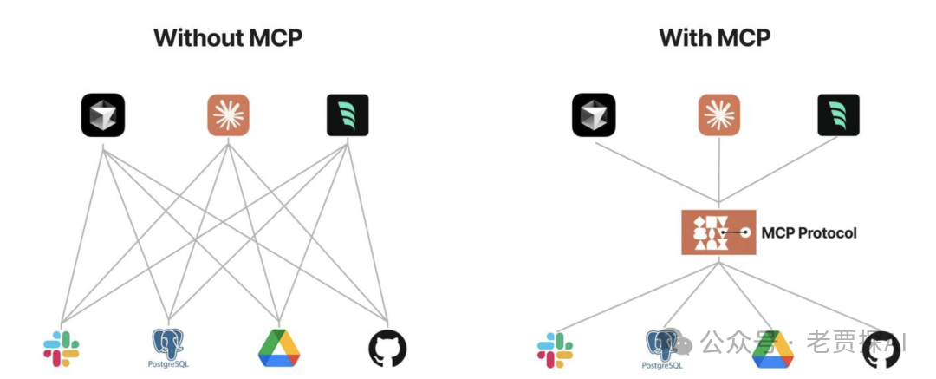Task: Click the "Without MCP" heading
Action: [228, 38]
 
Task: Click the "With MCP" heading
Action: [714, 38]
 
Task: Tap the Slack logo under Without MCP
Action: [62, 349]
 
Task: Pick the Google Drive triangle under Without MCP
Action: [278, 348]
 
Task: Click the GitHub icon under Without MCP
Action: [387, 349]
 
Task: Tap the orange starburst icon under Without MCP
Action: [229, 115]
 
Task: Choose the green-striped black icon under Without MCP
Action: [348, 115]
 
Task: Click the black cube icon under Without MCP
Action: [103, 115]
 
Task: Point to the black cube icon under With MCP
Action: [594, 115]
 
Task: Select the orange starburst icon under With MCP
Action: [719, 115]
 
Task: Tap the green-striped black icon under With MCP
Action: [838, 115]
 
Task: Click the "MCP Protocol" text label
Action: [809, 232]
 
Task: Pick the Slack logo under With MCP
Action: [556, 349]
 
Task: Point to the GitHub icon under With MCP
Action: [881, 349]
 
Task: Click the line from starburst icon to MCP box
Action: [719, 173]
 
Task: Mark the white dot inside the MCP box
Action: [744, 232]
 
